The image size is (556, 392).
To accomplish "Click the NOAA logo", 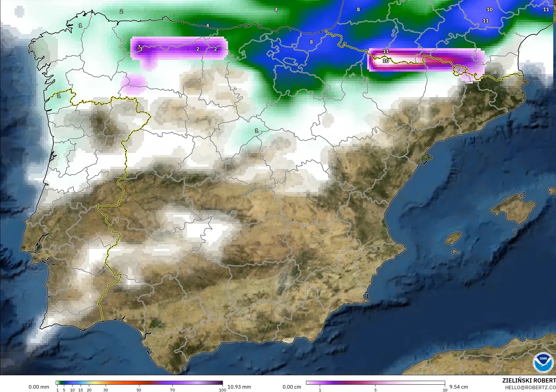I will pos(543,362).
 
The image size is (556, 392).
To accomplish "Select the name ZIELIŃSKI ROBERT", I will pos(529,381).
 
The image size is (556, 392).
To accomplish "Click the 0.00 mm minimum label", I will pos(39,387).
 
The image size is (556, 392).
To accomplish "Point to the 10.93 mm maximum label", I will pos(239,387).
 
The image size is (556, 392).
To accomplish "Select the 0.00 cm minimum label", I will pos(292,387).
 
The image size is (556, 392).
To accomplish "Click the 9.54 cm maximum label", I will pos(459,387).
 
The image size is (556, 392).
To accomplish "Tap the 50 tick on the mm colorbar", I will pos(139,390).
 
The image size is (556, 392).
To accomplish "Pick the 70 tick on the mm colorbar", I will pos(172,390).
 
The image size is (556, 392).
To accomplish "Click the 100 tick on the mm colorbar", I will pos(223,390).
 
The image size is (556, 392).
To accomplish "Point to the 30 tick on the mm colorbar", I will pos(106,390).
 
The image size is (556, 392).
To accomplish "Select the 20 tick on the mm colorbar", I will pos(89,390).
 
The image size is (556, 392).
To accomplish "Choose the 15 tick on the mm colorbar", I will pos(81,390).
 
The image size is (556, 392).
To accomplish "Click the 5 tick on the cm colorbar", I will pos(375,390).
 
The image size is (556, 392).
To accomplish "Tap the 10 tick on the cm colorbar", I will pos(445,390).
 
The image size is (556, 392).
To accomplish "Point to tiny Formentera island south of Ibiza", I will pos(456,252).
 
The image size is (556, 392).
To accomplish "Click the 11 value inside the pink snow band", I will pos(386,51).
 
